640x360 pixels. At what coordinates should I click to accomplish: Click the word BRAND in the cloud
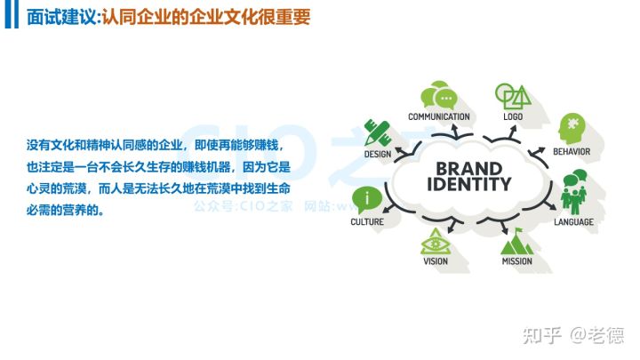[468, 168]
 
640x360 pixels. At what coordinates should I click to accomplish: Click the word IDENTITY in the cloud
[468, 185]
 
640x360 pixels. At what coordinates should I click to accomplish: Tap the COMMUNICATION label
[438, 116]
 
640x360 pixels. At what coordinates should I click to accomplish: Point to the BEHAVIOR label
[572, 151]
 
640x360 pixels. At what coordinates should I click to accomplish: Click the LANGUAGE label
[573, 221]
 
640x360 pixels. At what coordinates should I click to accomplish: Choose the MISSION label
[516, 261]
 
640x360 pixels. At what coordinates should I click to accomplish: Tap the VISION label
[436, 261]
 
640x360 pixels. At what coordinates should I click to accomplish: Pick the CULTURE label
[366, 221]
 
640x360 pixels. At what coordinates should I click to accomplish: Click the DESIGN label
[377, 154]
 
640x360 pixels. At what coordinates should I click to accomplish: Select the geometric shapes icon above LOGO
[511, 95]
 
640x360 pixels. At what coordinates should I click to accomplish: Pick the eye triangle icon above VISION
[436, 240]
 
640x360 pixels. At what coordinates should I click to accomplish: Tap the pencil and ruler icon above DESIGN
[377, 132]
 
